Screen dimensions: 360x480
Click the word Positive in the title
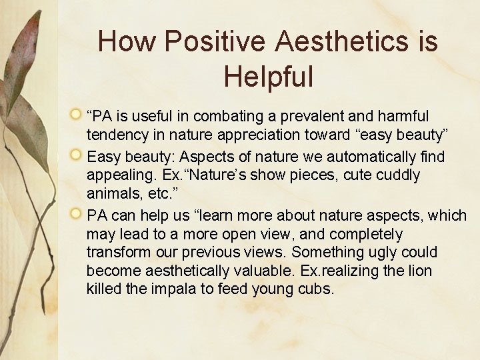217,41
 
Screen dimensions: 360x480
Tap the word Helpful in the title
268,76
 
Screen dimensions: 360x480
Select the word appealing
119,175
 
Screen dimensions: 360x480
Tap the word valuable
273,271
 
